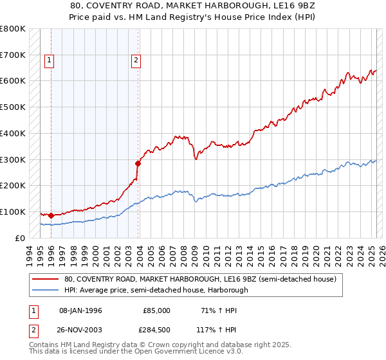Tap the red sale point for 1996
tap(51, 215)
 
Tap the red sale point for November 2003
tap(138, 163)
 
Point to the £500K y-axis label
tap(13, 107)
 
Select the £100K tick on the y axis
tap(13, 212)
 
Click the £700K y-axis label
tap(13, 55)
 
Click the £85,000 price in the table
tap(156, 310)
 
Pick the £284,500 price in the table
tap(156, 330)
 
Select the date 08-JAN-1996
tap(80, 310)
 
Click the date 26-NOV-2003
tap(80, 330)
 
